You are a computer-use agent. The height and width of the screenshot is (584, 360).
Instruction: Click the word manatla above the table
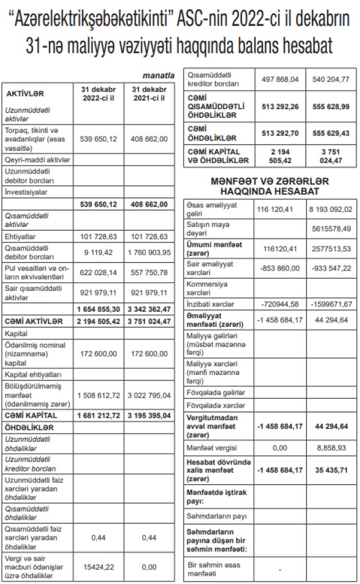[x=159, y=75]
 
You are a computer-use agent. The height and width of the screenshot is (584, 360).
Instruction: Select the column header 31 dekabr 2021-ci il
[x=149, y=93]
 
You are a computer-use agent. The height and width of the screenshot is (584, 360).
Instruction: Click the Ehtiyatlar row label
[x=20, y=236]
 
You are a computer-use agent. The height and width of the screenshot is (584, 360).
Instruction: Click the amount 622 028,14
[x=98, y=273]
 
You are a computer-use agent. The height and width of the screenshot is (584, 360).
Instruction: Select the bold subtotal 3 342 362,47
[x=149, y=308]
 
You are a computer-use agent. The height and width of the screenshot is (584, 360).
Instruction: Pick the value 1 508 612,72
[x=98, y=395]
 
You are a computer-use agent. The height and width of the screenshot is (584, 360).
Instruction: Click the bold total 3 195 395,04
[x=149, y=416]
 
